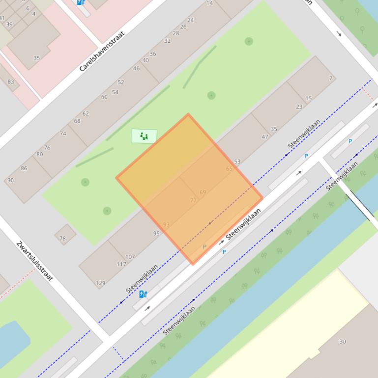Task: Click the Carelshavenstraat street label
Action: click(102, 51)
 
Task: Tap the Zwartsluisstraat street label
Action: click(34, 261)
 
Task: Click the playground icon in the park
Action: click(144, 136)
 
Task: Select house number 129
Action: click(100, 283)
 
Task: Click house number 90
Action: click(10, 180)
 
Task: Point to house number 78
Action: click(62, 239)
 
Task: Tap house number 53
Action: click(237, 162)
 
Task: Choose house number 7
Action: click(331, 78)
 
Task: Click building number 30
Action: click(343, 341)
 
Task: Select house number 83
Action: click(11, 81)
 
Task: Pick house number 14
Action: click(210, 3)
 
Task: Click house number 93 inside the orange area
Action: click(166, 225)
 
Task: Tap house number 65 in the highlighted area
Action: click(229, 169)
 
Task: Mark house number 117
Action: click(121, 264)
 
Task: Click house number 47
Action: click(265, 137)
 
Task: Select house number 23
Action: click(299, 107)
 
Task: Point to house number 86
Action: click(24, 168)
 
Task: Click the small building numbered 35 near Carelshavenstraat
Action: click(36, 58)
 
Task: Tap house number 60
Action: click(104, 97)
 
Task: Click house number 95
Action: click(156, 233)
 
